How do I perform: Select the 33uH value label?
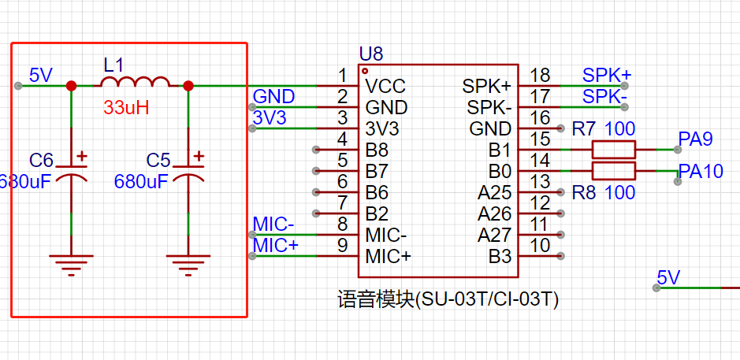point(126,108)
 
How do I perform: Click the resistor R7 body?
point(613,149)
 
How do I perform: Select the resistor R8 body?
point(613,171)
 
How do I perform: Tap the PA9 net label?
point(695,139)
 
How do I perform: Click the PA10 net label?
point(701,171)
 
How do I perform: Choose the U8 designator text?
point(370,54)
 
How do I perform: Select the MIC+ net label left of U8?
point(276,245)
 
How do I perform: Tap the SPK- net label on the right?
point(604,96)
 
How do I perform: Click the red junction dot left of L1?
point(72,86)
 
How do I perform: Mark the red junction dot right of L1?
point(188,86)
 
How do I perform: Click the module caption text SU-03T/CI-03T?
point(448,299)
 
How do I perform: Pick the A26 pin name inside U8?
point(494,213)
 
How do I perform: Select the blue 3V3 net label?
point(270,117)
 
